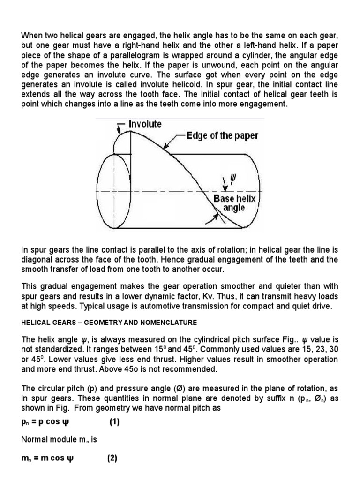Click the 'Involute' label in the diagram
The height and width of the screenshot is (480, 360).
pyautogui.click(x=145, y=124)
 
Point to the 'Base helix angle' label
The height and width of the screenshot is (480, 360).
pyautogui.click(x=235, y=203)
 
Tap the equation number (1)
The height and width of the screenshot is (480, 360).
pyautogui.click(x=115, y=422)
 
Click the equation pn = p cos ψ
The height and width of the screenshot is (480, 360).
pyautogui.click(x=47, y=422)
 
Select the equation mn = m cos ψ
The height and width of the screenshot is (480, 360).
pyautogui.click(x=47, y=458)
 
